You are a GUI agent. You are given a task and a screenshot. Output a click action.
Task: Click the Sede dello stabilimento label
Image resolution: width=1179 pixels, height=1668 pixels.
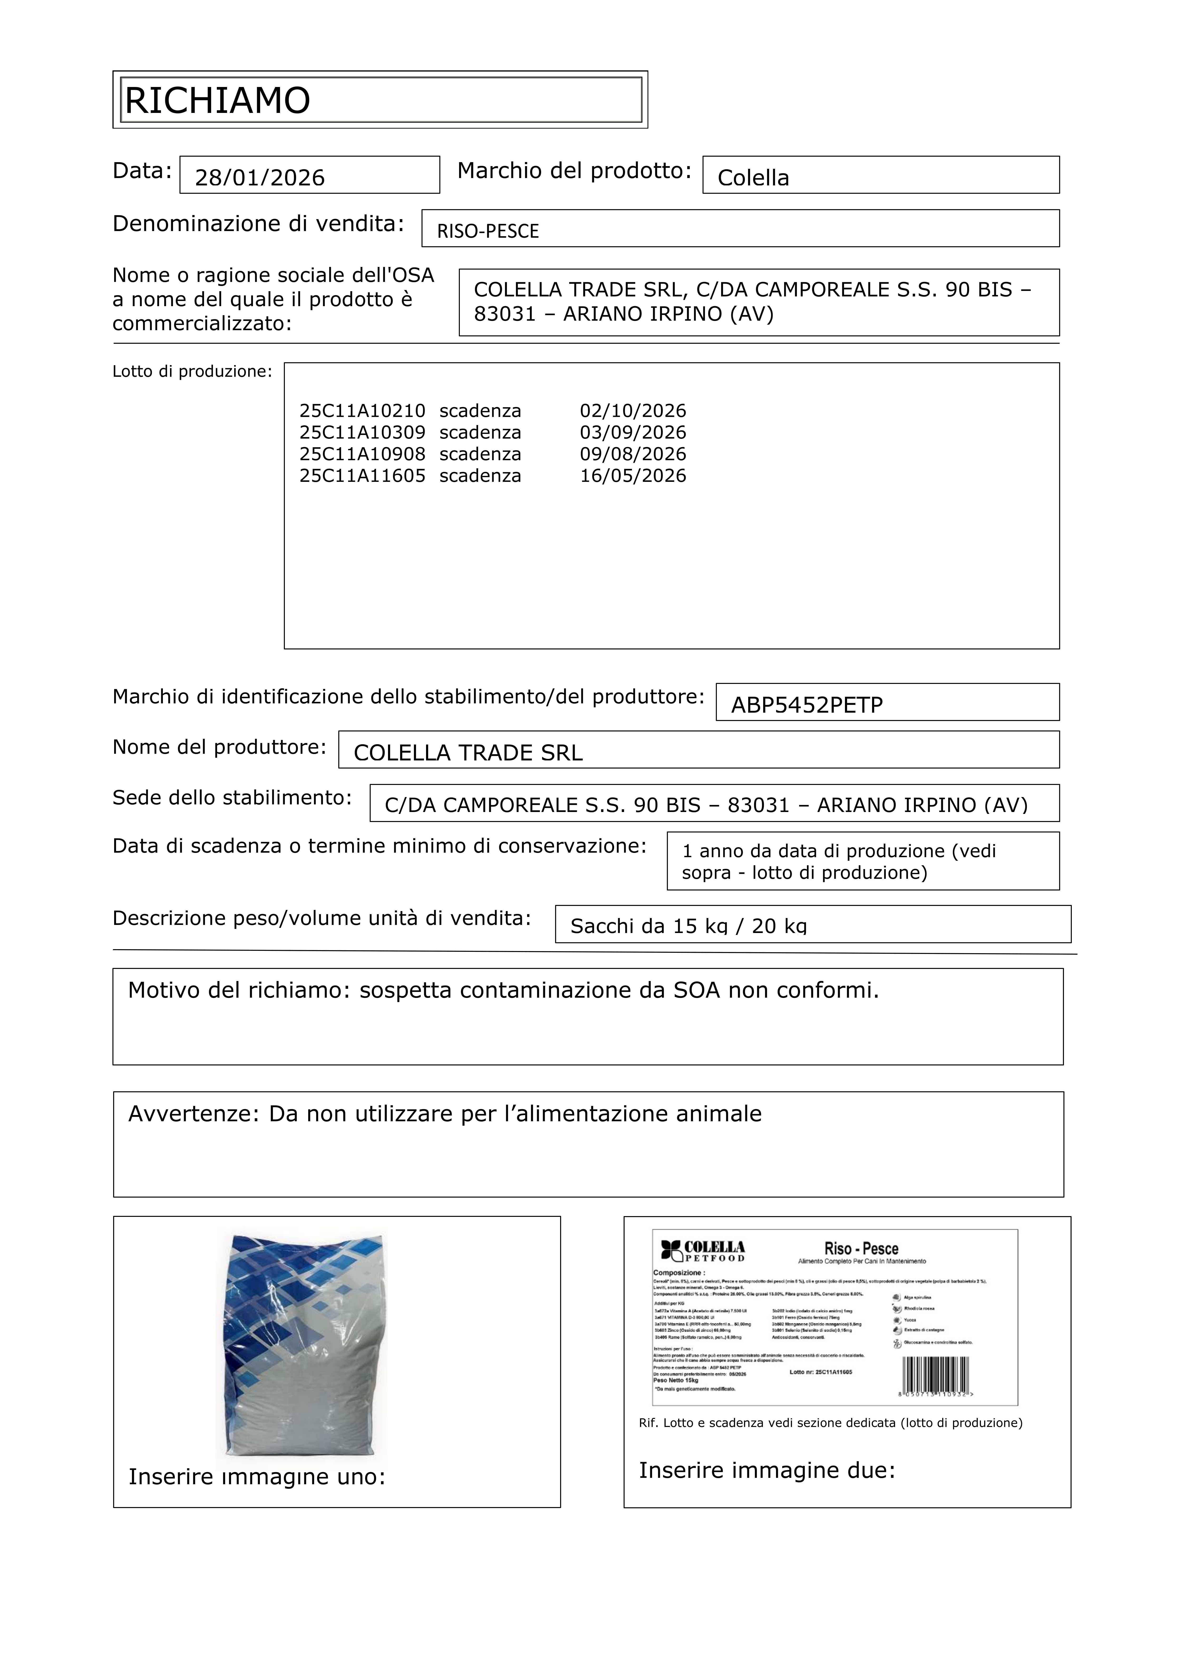pyautogui.click(x=232, y=798)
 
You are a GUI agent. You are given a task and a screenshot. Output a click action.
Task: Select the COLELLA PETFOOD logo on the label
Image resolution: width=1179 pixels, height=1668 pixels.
pyautogui.click(x=703, y=1251)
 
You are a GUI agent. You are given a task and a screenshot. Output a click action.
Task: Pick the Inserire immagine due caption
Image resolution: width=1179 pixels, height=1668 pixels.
pyautogui.click(x=767, y=1470)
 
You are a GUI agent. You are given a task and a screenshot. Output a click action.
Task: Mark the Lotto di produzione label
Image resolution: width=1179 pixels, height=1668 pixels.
pyautogui.click(x=192, y=372)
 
